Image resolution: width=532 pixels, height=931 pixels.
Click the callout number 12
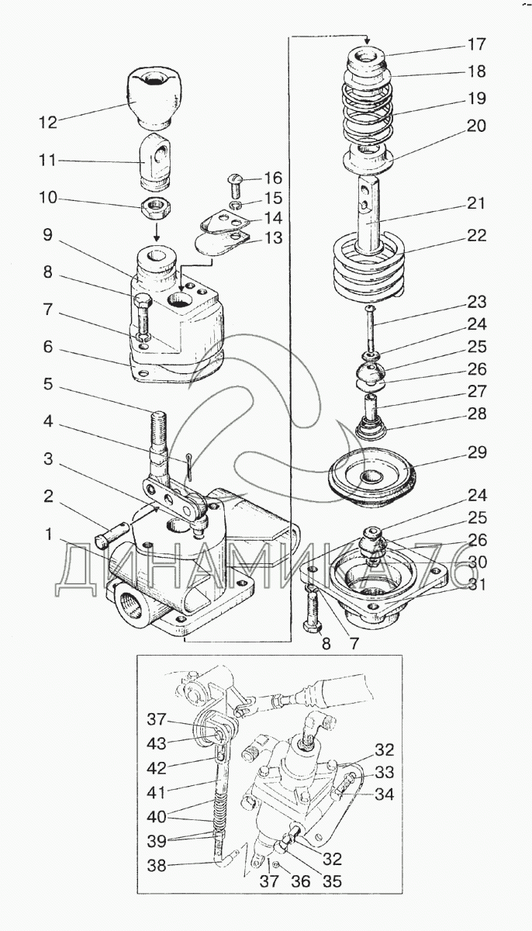click(x=48, y=123)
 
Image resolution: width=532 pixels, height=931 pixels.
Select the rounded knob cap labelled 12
click(x=154, y=98)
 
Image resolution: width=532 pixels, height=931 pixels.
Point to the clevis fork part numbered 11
click(x=156, y=159)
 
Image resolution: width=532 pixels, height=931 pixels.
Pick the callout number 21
click(x=476, y=204)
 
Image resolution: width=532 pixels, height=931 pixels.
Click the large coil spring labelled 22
click(x=368, y=265)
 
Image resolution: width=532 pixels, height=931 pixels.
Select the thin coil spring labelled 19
click(x=366, y=113)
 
